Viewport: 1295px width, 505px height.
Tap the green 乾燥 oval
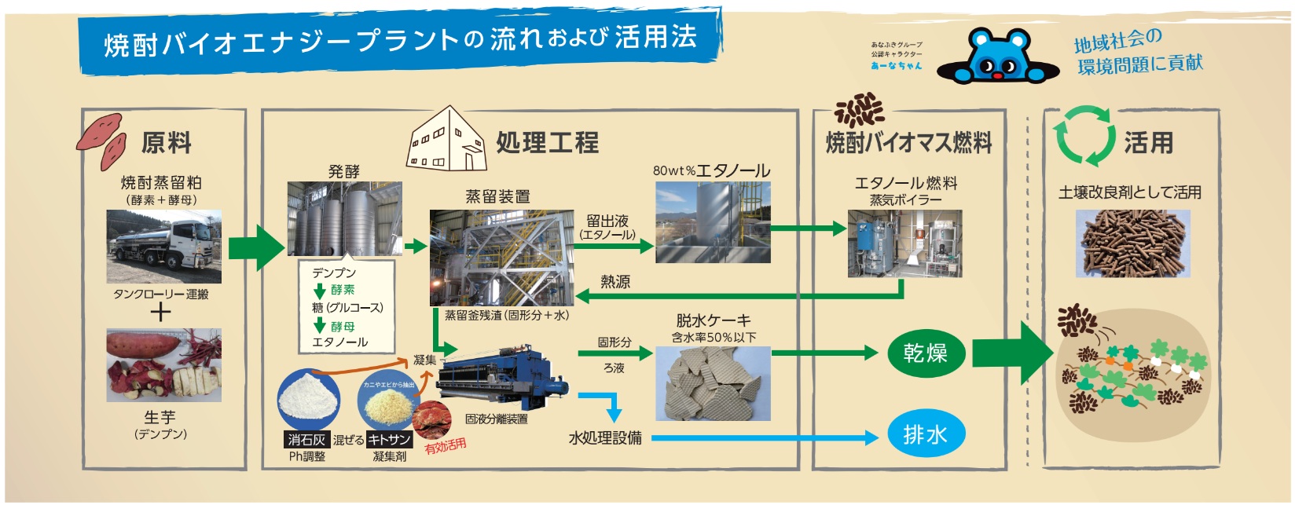pos(925,353)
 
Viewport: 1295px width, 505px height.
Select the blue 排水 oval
pos(925,434)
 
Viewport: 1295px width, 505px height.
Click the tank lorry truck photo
pos(163,246)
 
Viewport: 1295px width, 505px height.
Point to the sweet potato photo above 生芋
pos(163,365)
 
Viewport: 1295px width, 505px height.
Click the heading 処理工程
pos(547,143)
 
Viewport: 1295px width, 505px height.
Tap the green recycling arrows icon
pos(1084,137)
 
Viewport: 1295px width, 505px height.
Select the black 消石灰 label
pos(306,440)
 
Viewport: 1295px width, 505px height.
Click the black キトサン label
pos(389,440)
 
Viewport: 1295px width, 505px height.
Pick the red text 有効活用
pos(446,446)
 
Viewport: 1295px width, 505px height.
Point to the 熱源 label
pos(614,281)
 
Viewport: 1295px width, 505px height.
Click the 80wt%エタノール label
pos(711,170)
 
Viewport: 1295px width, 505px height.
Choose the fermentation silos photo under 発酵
pos(344,218)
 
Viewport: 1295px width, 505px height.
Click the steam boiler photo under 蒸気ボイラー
pos(904,243)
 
